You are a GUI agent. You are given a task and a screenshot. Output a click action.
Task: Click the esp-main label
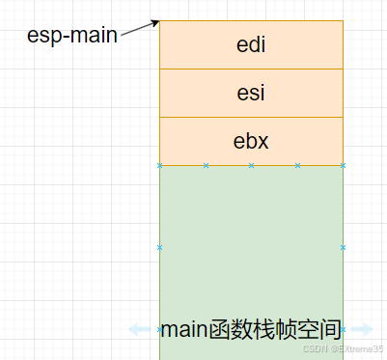click(x=72, y=36)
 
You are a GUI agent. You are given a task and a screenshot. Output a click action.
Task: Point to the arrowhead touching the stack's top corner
click(x=154, y=23)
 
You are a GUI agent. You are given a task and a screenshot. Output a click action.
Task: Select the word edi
click(x=251, y=44)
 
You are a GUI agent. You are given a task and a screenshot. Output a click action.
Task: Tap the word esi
click(x=251, y=93)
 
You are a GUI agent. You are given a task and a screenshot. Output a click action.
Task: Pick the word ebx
click(x=251, y=141)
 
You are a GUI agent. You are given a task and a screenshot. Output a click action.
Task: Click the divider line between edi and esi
click(x=251, y=69)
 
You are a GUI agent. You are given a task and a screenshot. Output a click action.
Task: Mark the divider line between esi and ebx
click(x=251, y=117)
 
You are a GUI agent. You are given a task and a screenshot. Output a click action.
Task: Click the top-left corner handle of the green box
click(x=159, y=165)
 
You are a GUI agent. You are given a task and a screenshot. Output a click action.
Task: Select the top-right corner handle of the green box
click(x=343, y=165)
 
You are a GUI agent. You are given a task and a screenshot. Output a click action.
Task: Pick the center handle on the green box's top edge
click(x=251, y=165)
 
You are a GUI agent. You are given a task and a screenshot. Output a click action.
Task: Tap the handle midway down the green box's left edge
click(x=159, y=247)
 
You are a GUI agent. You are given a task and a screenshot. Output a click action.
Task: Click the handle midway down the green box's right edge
click(x=343, y=247)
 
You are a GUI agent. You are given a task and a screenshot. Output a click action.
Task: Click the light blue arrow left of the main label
click(x=141, y=329)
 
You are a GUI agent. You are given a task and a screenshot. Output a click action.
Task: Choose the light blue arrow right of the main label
click(x=361, y=329)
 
